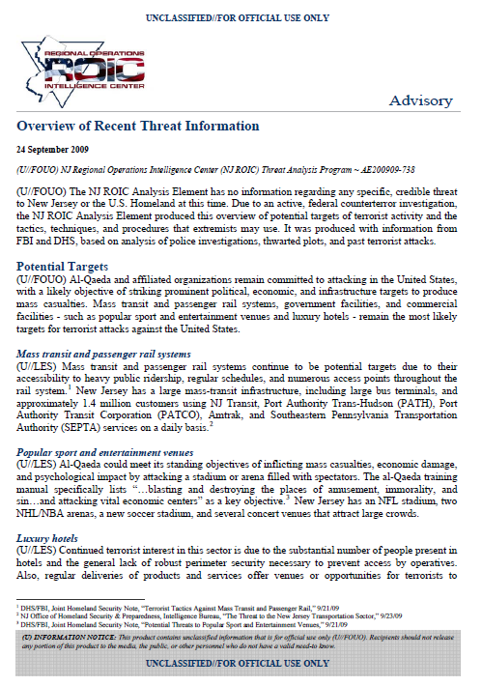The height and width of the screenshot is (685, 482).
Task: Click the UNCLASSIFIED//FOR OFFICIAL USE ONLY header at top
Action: click(241, 17)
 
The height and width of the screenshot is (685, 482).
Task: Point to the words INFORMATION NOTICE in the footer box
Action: click(72, 639)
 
